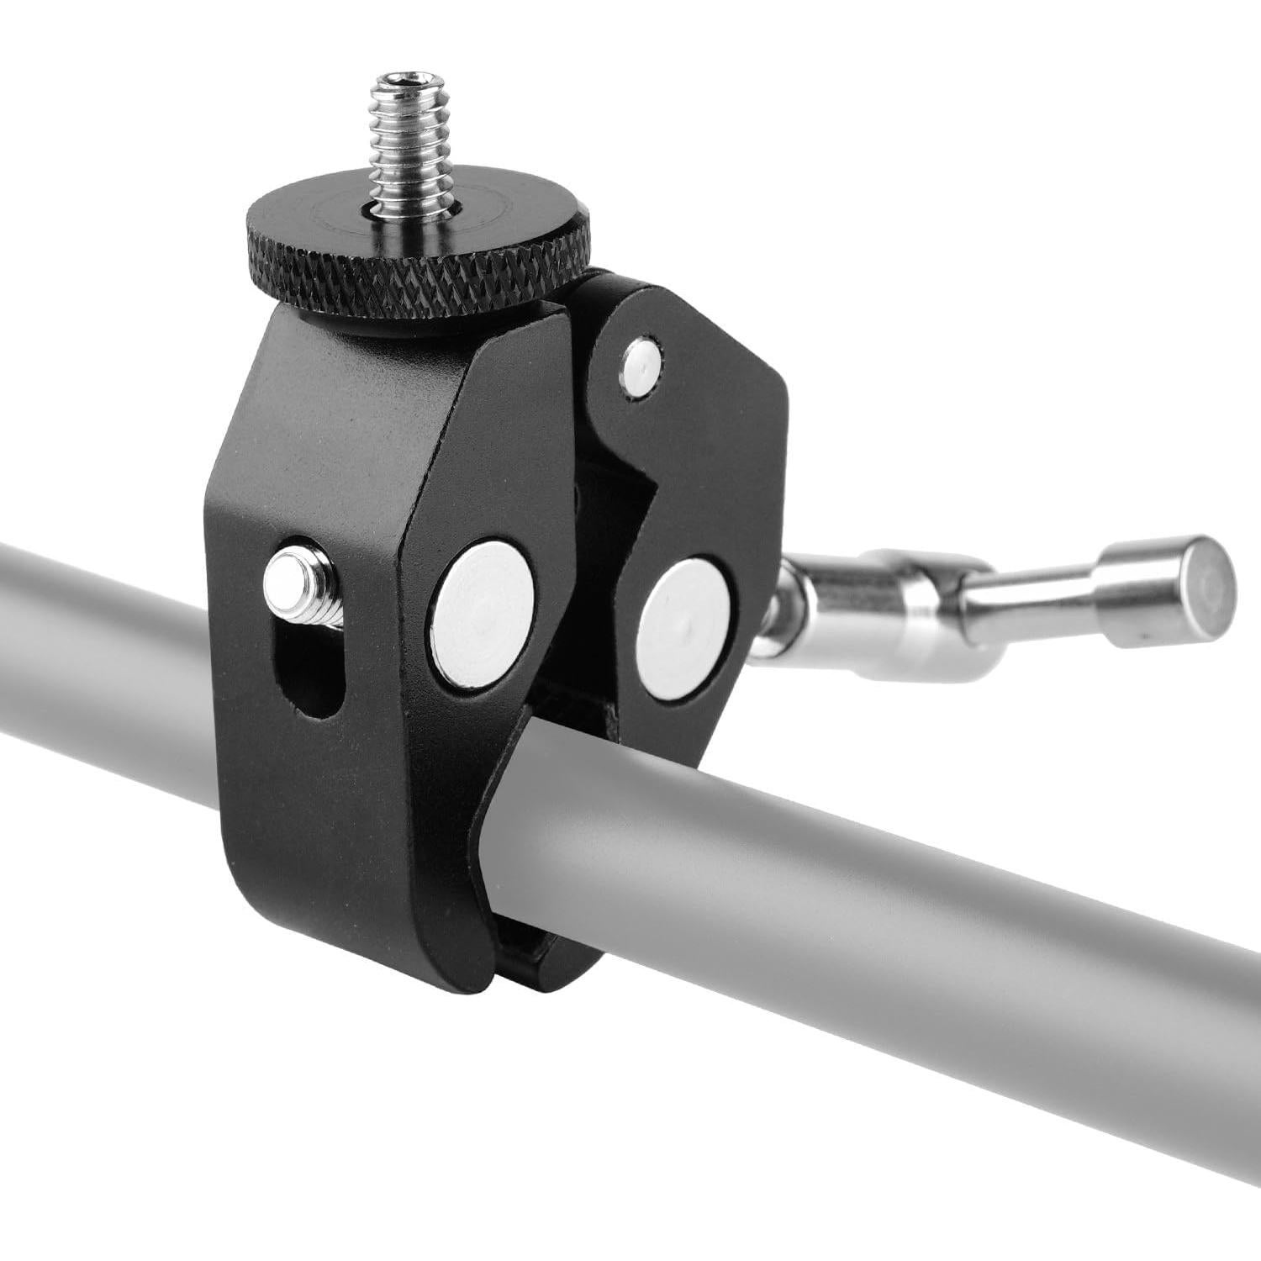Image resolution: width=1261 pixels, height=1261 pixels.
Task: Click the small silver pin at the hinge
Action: pyautogui.click(x=642, y=367)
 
